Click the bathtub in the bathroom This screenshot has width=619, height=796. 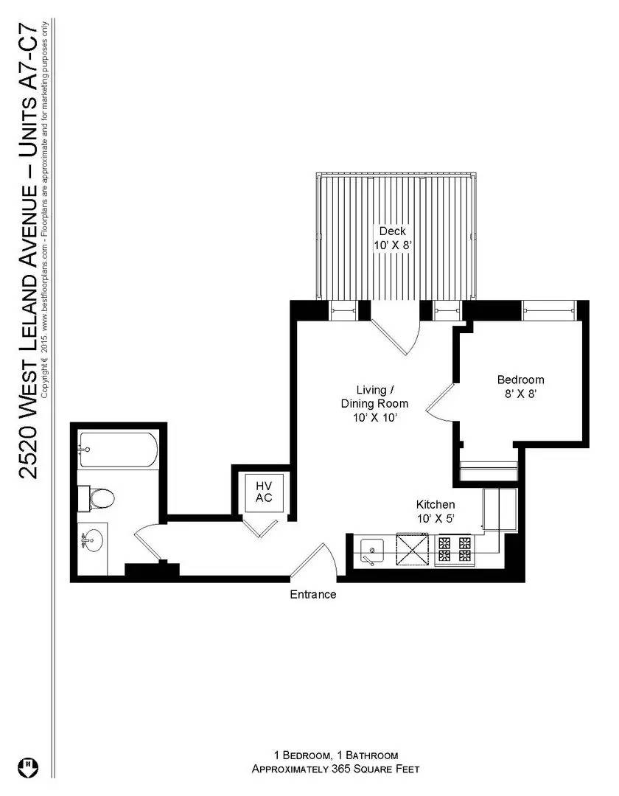118,449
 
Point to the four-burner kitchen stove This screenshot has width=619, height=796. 454,549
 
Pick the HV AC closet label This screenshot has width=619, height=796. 264,492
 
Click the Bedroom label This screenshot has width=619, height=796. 520,380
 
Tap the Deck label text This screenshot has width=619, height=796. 392,231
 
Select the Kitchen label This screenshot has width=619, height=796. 436,505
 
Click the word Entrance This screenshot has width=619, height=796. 313,595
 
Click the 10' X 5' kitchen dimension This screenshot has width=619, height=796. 436,519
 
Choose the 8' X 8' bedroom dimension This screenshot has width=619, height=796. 520,394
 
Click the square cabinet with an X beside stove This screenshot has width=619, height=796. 413,549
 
